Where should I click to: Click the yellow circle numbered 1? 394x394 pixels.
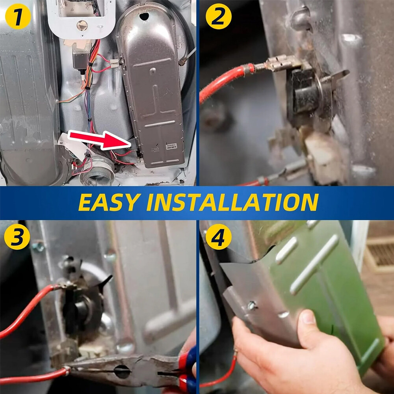(x=18, y=17)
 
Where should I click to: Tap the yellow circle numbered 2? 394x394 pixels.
(x=218, y=17)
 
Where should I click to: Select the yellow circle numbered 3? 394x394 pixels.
(x=17, y=237)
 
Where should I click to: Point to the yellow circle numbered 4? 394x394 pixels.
(x=218, y=237)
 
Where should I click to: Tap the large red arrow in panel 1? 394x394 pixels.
(x=100, y=140)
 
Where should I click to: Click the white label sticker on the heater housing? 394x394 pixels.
(x=172, y=147)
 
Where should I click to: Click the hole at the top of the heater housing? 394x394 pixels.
(x=144, y=17)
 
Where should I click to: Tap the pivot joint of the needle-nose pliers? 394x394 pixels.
(x=122, y=372)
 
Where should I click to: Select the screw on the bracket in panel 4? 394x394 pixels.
(x=252, y=306)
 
